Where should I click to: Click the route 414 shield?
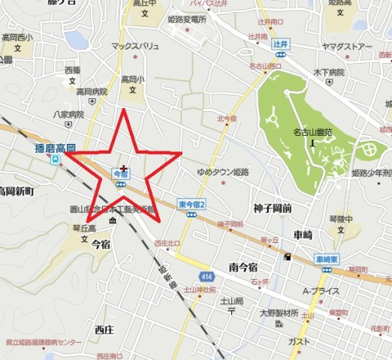click(x=207, y=277)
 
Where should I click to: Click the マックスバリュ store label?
click(x=135, y=46)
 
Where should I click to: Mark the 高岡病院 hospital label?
click(x=92, y=91)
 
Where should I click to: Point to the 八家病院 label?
click(x=67, y=115)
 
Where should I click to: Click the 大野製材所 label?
click(x=279, y=313)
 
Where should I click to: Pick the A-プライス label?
click(x=321, y=291)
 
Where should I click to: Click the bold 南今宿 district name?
click(x=243, y=267)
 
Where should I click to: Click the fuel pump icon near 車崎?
click(x=287, y=258)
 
